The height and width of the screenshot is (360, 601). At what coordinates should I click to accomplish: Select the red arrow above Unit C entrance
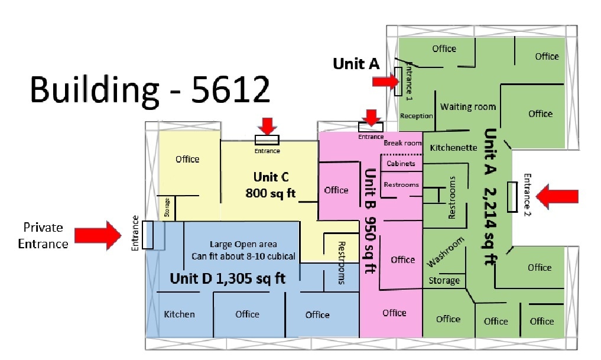268,125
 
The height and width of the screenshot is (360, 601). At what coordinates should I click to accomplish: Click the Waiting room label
467,107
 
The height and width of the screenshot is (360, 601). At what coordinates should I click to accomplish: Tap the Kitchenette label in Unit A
453,147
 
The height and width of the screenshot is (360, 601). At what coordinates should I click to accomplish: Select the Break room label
402,143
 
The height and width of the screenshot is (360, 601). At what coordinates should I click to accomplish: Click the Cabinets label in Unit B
401,164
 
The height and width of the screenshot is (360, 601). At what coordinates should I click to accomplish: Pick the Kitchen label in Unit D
179,314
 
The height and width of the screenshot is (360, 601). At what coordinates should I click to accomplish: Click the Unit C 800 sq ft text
271,185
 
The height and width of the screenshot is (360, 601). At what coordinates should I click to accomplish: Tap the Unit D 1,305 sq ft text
228,278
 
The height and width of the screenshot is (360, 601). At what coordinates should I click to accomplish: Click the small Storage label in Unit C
167,208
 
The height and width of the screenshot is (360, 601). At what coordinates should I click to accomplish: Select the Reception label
416,116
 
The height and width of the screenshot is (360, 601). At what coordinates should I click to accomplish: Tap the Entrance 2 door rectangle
512,196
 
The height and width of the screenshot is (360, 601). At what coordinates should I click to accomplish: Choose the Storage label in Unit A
444,280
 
